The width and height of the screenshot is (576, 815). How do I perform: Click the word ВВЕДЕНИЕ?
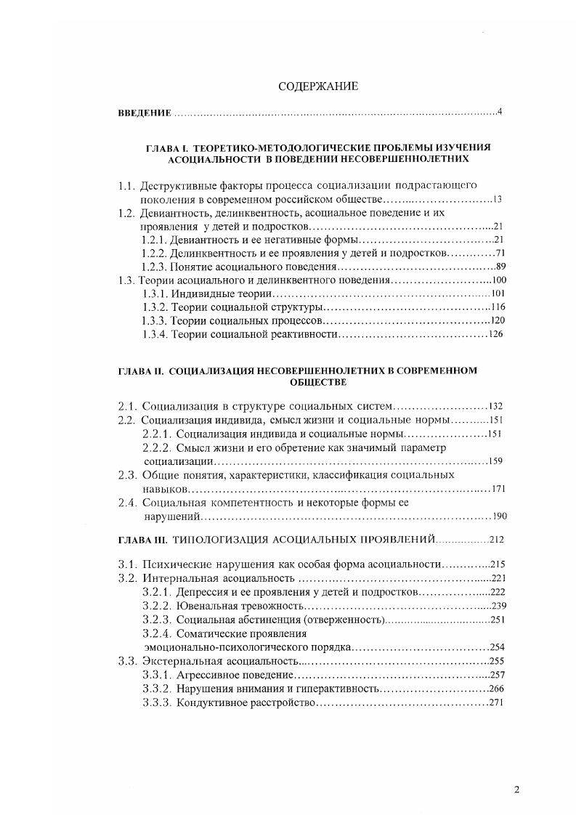(x=145, y=113)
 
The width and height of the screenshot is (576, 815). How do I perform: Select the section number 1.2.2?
(x=154, y=253)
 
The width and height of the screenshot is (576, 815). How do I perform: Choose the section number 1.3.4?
(x=154, y=334)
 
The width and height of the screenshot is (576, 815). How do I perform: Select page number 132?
(x=496, y=407)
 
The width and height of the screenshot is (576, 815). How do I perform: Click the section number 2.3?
(x=128, y=475)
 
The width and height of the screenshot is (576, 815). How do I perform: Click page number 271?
(x=496, y=702)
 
